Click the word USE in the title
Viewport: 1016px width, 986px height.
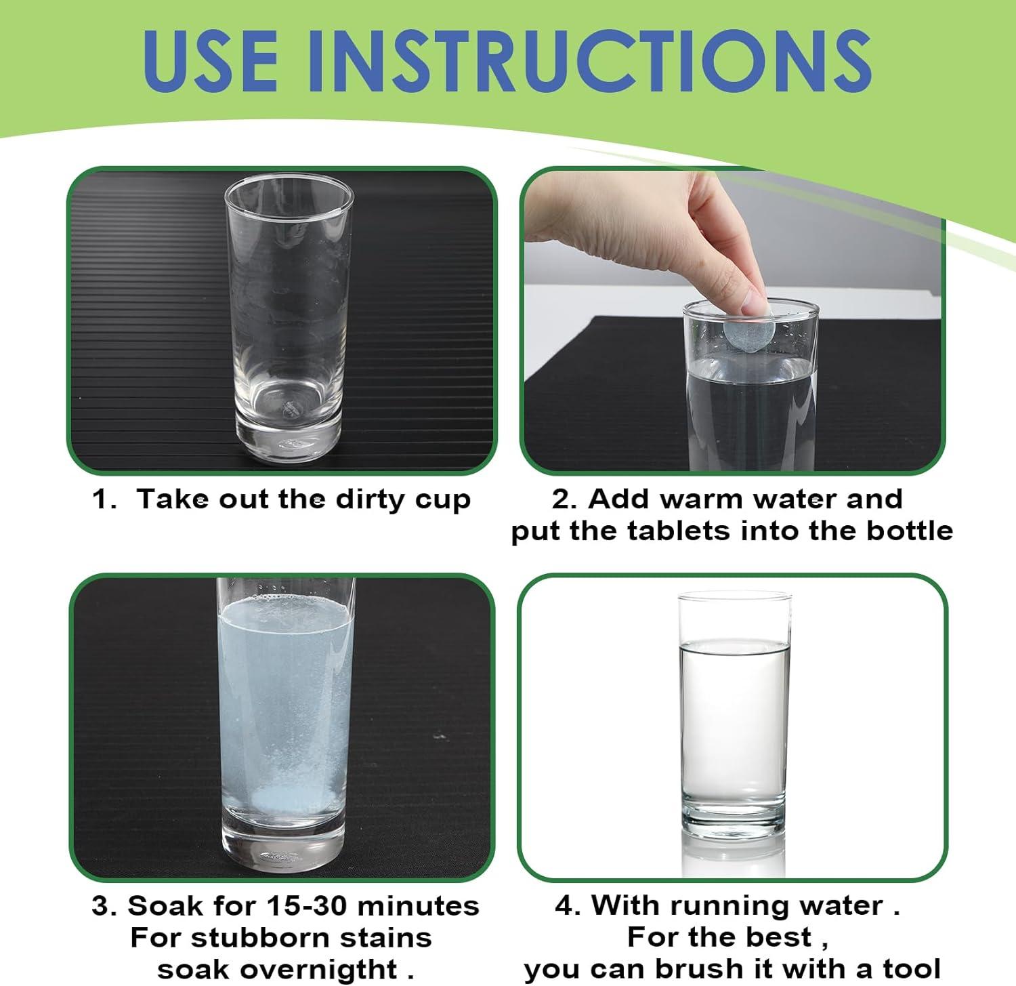[x=209, y=61]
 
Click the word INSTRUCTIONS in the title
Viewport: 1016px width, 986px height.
[x=589, y=61]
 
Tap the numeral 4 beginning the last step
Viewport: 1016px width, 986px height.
[x=564, y=906]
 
